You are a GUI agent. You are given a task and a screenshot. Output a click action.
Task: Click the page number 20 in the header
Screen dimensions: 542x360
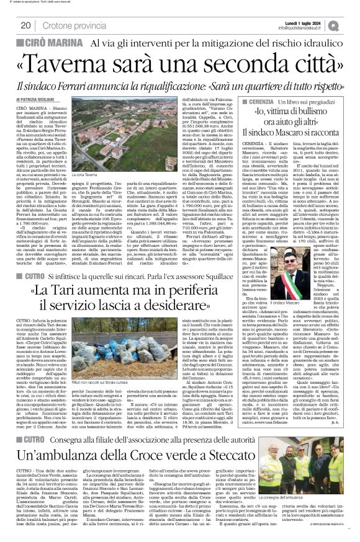point(26,25)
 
